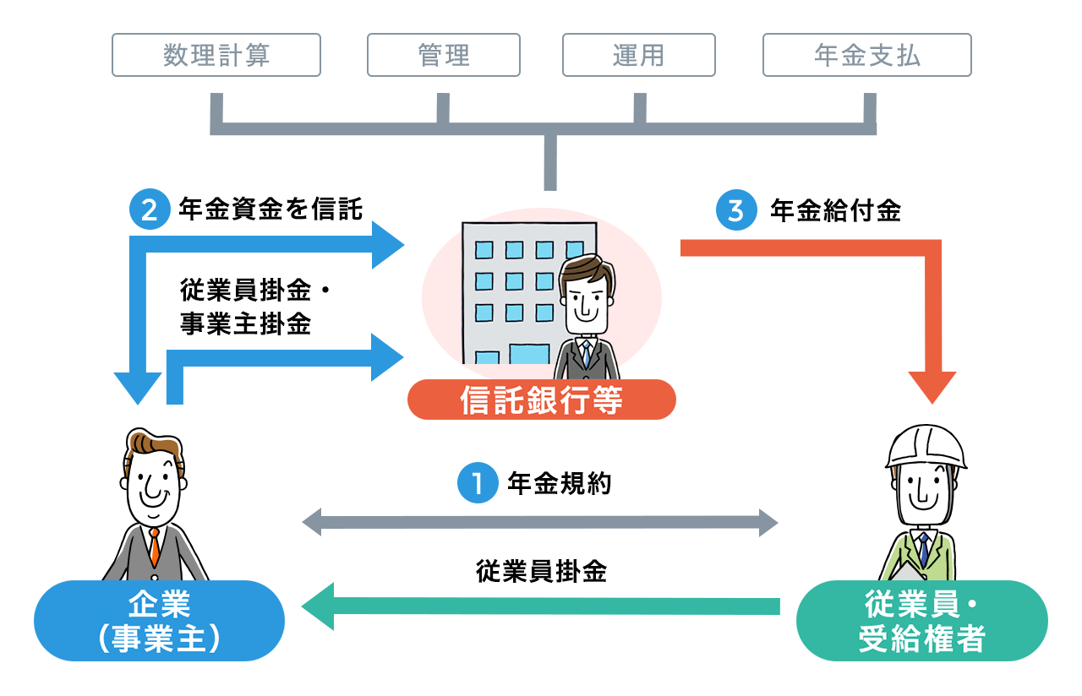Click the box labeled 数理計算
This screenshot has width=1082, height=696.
[x=216, y=55]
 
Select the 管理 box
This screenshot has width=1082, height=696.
[x=443, y=55]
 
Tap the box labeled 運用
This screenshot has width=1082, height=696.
[x=638, y=55]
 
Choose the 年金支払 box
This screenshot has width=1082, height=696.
[x=866, y=55]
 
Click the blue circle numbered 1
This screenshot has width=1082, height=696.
[x=478, y=484]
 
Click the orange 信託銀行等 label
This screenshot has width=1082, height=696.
[x=541, y=400]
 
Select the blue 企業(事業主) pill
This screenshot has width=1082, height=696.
[x=159, y=621]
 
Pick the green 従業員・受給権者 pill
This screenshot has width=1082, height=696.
[x=921, y=621]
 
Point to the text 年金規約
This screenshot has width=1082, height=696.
[x=559, y=484]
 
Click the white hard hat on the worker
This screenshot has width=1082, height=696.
[x=926, y=446]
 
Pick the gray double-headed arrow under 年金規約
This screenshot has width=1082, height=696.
[x=540, y=521]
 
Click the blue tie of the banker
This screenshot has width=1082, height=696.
[x=586, y=355]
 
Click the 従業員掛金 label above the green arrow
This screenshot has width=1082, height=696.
[x=541, y=572]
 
